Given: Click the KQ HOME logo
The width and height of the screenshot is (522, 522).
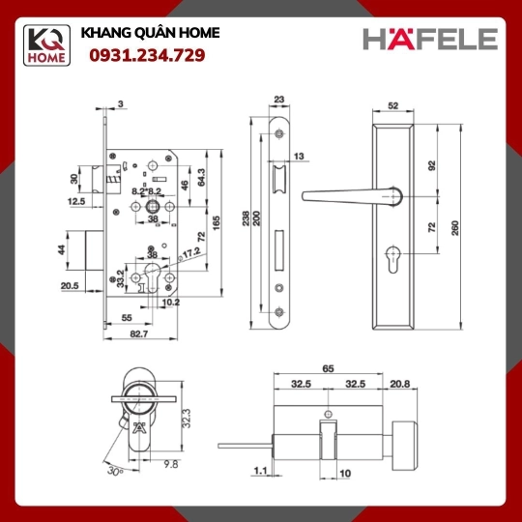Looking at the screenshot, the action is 46,45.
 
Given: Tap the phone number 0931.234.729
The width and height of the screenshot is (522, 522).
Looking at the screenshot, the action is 147,55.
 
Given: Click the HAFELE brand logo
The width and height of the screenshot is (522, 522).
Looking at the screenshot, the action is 430,39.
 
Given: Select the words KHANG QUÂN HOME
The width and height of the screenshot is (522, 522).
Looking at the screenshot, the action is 150,33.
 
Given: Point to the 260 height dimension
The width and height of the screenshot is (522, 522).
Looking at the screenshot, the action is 455,228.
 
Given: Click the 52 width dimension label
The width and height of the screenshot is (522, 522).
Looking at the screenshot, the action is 392,105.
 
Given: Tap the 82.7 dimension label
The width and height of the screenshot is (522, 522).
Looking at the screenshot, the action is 139,333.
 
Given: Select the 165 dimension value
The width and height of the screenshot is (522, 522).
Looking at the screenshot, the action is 217,223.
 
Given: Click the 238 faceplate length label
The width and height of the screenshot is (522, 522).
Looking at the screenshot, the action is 246,218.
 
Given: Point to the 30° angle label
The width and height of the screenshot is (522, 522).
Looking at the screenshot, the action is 115,471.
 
